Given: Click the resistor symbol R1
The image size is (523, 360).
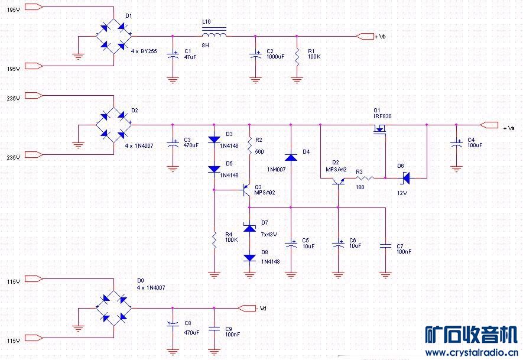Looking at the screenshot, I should (x=297, y=56).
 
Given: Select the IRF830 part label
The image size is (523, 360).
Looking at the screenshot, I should (x=382, y=116).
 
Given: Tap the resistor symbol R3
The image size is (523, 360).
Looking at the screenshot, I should (x=365, y=177).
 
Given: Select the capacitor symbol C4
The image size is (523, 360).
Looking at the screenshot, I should (x=456, y=143).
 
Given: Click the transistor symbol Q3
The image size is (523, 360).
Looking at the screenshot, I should (x=248, y=190).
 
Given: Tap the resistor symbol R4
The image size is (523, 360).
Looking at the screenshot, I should (x=214, y=239).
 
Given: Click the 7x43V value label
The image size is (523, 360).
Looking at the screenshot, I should (x=269, y=235).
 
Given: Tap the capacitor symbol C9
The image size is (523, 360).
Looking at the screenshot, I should (x=214, y=327).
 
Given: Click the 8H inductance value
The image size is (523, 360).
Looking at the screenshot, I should (x=205, y=45).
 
